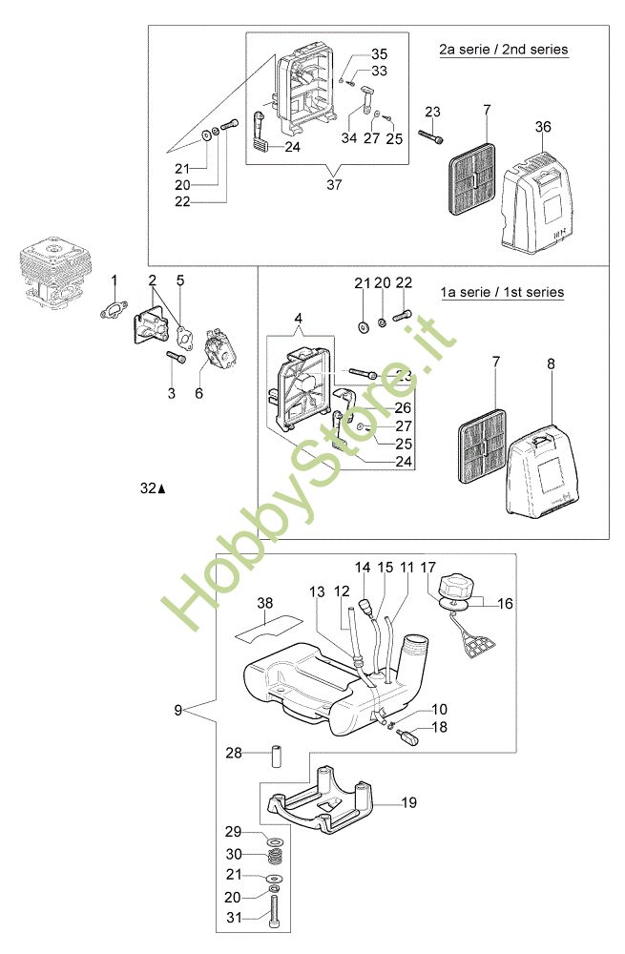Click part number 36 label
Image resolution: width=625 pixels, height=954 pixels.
click(543, 128)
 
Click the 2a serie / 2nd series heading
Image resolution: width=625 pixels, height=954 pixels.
click(503, 49)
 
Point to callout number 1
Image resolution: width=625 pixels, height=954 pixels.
click(115, 280)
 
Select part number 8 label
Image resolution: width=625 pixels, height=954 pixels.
click(551, 363)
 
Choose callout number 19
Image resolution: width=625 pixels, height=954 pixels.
click(408, 804)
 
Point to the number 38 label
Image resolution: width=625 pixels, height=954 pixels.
click(264, 603)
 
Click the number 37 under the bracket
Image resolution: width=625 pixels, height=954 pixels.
click(332, 184)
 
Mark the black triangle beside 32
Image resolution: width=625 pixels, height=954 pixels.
click(162, 488)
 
